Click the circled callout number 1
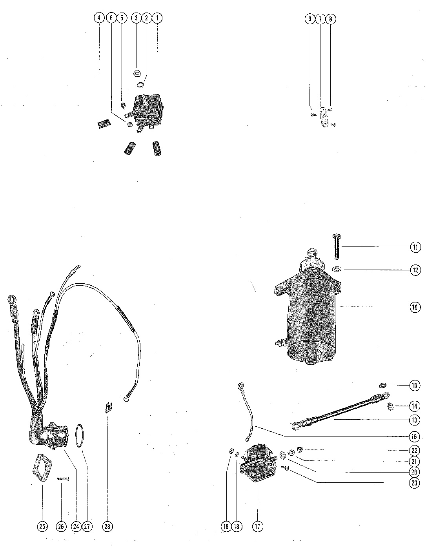157,18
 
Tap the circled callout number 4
99,18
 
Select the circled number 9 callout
310,19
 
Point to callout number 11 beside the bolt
415,247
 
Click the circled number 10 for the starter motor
415,307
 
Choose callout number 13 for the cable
414,420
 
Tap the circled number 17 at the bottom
257,526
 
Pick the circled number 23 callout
414,483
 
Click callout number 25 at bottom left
42,526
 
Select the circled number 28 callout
107,526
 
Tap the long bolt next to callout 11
336,247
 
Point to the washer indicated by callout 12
336,269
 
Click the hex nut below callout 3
138,74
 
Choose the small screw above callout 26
63,478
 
